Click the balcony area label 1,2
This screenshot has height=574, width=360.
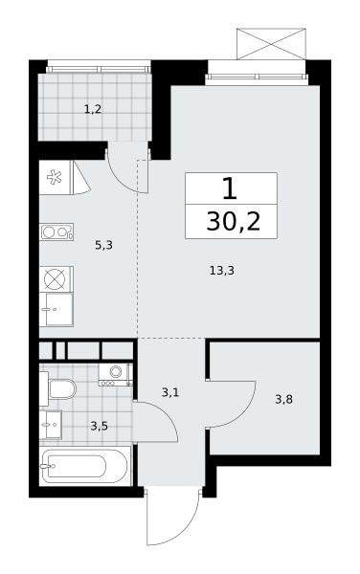[93, 109]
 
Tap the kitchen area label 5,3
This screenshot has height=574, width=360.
[103, 245]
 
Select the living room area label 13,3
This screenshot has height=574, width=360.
[222, 271]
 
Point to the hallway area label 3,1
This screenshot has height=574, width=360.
[170, 393]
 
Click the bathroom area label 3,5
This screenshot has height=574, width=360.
[99, 426]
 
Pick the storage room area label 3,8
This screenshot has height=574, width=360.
[283, 399]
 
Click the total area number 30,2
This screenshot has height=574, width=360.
[234, 222]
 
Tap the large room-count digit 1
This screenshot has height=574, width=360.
[230, 188]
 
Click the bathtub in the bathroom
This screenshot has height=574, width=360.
[85, 466]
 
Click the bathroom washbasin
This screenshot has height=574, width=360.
[51, 424]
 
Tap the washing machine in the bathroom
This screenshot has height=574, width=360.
[115, 374]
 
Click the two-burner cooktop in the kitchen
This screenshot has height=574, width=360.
[56, 232]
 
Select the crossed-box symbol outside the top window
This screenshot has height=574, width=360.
[271, 44]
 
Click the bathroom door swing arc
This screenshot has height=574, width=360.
[164, 413]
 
